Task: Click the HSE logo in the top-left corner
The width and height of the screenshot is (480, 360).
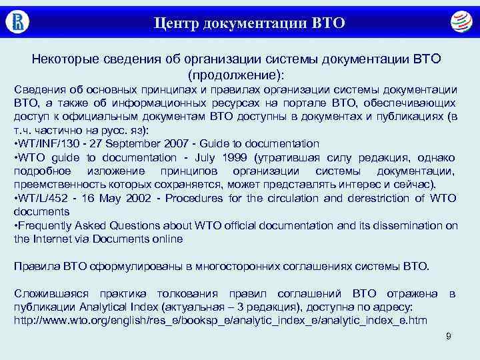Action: pyautogui.click(x=18, y=21)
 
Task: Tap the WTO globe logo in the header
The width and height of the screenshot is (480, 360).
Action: pyautogui.click(x=459, y=21)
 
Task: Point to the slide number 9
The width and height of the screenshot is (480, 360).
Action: pyautogui.click(x=449, y=337)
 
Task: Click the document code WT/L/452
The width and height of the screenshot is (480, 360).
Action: pyautogui.click(x=42, y=198)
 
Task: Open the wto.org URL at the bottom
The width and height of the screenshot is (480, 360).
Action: pyautogui.click(x=221, y=321)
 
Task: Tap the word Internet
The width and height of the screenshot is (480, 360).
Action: pyautogui.click(x=55, y=239)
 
